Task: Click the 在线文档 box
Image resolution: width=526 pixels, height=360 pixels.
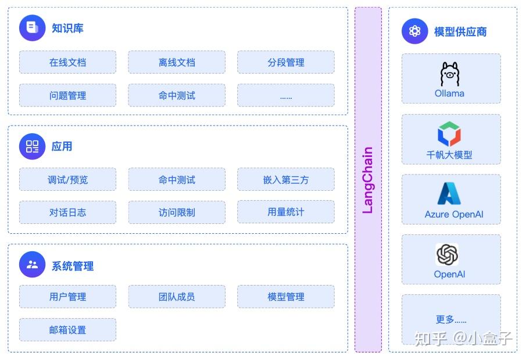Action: coord(67,62)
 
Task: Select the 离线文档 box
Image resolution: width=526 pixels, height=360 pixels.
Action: coord(177,62)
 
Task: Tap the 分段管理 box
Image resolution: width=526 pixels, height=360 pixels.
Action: coord(285,62)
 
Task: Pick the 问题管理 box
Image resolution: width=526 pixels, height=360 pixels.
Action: coord(67,95)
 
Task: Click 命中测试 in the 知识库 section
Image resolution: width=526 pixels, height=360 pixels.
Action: coord(177,95)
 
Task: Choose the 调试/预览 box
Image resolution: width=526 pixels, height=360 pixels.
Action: coord(67,180)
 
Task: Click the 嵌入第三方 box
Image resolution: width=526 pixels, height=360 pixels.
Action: coord(285,180)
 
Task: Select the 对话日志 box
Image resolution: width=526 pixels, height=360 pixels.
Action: coord(67,212)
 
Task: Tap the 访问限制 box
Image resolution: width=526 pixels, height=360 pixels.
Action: coord(177,212)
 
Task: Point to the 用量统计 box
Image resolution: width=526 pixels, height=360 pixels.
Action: coord(285,212)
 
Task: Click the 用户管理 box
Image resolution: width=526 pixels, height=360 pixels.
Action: coord(67,297)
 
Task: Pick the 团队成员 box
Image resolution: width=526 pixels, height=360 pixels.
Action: coord(177,297)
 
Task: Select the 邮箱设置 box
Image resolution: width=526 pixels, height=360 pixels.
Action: coord(67,330)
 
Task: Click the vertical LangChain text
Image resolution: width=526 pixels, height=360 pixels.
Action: coord(368,180)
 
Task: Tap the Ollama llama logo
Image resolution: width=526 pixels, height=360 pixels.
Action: coord(450,74)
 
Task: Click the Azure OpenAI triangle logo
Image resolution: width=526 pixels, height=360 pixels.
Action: coord(449,194)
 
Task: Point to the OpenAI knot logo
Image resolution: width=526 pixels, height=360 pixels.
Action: coord(448,255)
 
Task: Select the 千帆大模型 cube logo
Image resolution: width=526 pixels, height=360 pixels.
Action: coord(449,134)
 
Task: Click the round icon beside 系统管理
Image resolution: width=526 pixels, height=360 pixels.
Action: coord(32,265)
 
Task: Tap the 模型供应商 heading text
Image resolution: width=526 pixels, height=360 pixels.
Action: coord(460,32)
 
